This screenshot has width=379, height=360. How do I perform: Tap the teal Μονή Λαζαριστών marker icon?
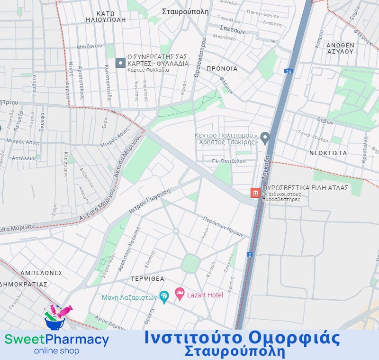[164, 297]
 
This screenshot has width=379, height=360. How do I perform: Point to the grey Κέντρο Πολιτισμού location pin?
[265, 138]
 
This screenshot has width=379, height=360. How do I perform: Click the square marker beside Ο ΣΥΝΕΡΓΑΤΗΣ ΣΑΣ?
[120, 63]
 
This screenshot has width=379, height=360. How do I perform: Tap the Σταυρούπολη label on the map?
[185, 11]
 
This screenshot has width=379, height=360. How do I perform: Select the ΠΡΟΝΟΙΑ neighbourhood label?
[222, 68]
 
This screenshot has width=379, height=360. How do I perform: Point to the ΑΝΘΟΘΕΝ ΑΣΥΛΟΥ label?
[340, 48]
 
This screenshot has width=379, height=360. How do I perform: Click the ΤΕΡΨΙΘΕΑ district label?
[148, 278]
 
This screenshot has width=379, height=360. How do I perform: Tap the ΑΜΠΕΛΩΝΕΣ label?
[42, 273]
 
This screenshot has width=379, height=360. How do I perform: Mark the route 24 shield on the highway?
[288, 71]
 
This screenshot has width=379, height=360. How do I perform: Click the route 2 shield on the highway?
[250, 255]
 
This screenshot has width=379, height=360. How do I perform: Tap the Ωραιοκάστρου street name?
[198, 57]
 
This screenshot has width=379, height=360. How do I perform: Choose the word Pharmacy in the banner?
[78, 340]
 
